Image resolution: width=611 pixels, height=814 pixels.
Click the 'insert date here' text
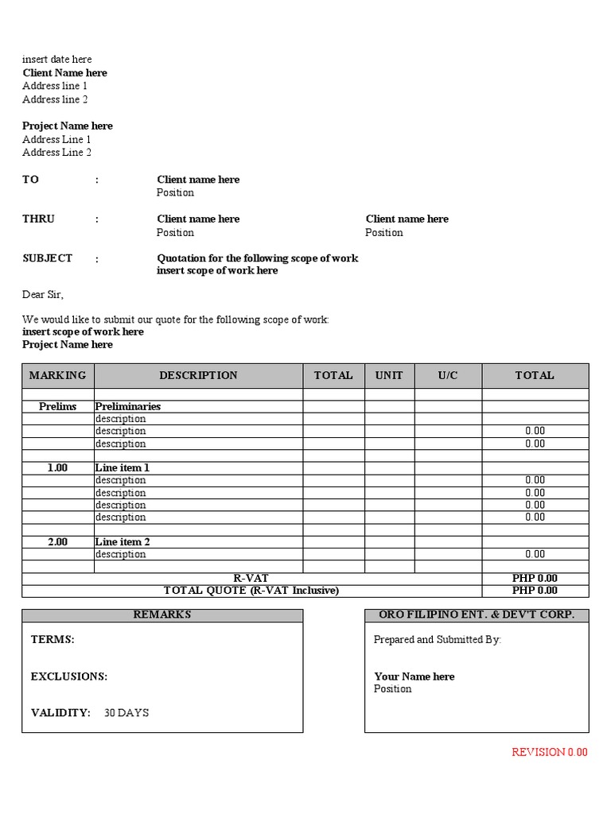pos(56,60)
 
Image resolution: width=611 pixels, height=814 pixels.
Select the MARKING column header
pos(57,375)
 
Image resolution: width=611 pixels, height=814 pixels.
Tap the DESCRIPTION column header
pos(198,375)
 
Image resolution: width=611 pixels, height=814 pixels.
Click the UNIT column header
pos(389,375)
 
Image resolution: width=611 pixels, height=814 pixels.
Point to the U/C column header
pos(448,375)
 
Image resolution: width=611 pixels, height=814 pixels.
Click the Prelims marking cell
pos(57,406)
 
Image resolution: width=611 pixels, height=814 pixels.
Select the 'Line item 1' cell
pos(123,468)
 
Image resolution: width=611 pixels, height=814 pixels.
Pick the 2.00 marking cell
pos(57,542)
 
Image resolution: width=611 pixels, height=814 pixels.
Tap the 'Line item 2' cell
pos(123,542)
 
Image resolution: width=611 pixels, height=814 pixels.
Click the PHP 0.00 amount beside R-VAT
pos(535,578)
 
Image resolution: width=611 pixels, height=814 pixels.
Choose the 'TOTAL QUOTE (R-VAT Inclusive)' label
pos(251,591)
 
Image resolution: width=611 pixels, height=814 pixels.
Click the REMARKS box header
pos(162,615)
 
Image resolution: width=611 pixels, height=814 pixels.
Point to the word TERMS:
pos(53,639)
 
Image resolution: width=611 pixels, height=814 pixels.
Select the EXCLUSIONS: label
pos(69,676)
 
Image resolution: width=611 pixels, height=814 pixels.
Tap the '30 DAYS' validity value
pos(126,713)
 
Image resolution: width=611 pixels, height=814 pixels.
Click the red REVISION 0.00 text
pos(549,752)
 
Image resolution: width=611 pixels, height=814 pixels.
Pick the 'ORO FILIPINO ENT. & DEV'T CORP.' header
pos(477,615)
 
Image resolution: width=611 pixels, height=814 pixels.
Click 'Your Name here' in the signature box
pos(414,676)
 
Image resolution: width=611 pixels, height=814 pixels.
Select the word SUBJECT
pos(47,258)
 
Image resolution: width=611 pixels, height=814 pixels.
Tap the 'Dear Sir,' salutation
pos(42,295)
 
